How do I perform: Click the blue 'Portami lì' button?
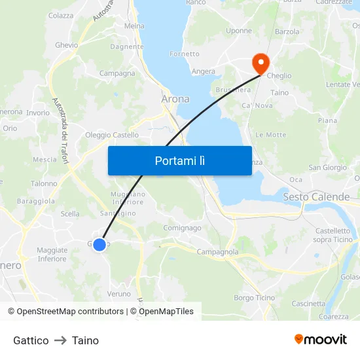click(x=179, y=160)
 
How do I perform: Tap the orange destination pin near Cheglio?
click(x=261, y=62)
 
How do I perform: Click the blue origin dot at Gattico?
click(x=99, y=245)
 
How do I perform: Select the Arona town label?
click(x=175, y=99)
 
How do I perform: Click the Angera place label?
click(x=204, y=71)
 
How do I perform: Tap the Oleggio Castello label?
click(x=112, y=135)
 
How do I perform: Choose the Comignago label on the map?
click(x=183, y=228)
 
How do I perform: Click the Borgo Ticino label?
click(x=255, y=298)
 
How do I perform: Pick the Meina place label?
click(x=134, y=26)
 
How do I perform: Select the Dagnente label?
click(x=127, y=47)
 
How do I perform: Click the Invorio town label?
click(x=38, y=113)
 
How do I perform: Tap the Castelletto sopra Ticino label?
click(x=333, y=235)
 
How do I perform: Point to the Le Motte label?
click(x=271, y=135)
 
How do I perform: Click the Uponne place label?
click(x=238, y=31)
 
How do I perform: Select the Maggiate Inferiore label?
click(x=52, y=255)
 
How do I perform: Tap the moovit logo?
click(x=321, y=340)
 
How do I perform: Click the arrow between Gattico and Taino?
click(x=60, y=340)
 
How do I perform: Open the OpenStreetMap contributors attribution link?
click(x=70, y=312)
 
